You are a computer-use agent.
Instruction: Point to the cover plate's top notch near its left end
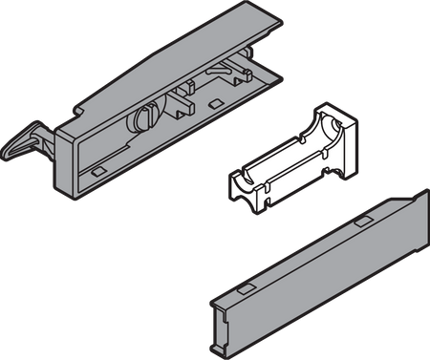click(246, 286)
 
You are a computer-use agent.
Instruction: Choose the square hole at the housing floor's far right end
click(251, 84)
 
